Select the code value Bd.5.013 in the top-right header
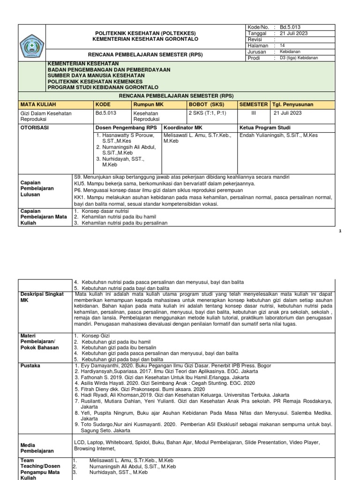(x=290, y=28)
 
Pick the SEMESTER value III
(x=254, y=113)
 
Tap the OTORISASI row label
(x=34, y=127)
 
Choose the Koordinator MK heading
(x=183, y=127)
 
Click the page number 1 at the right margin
(x=352, y=232)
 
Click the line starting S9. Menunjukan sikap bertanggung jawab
(x=182, y=177)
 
